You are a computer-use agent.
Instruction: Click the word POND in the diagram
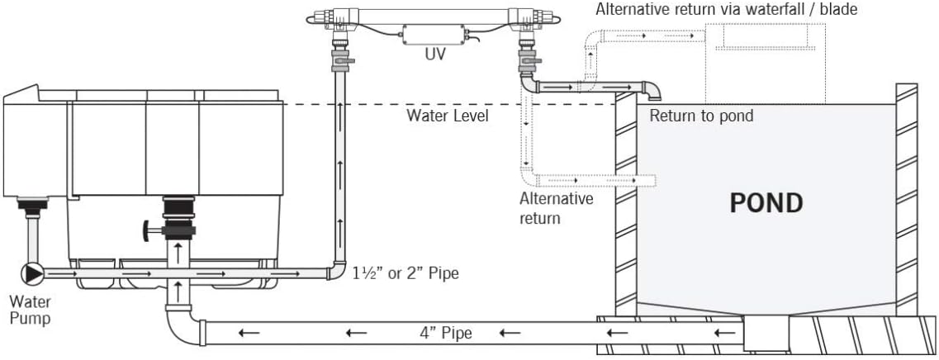coord(766,202)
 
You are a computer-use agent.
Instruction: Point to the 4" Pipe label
coord(445,334)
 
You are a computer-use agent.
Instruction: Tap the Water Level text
coord(447,116)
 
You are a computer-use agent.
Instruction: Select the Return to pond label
coord(701,116)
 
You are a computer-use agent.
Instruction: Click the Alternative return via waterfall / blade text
coord(727,10)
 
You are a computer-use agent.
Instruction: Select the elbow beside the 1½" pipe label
coord(336,271)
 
